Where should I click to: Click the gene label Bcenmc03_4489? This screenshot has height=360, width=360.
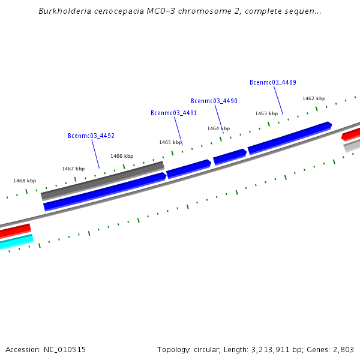click(272, 83)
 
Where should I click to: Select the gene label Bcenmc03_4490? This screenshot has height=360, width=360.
click(214, 101)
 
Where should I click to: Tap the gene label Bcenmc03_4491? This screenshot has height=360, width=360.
click(173, 113)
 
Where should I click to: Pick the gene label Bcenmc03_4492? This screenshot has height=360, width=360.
click(91, 136)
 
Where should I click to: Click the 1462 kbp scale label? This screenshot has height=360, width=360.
click(313, 98)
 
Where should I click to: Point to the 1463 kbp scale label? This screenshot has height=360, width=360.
click(266, 113)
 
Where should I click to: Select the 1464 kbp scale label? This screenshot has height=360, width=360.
click(218, 128)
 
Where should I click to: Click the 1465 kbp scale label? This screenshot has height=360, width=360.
click(170, 142)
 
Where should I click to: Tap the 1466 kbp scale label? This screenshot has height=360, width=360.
click(122, 156)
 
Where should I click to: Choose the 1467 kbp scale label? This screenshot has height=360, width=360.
click(73, 169)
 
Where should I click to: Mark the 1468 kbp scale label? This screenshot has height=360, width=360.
click(25, 181)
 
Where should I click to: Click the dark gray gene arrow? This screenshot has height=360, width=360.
click(102, 180)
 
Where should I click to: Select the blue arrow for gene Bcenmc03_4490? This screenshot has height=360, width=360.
click(230, 157)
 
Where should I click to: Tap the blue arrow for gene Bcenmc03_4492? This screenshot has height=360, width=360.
click(104, 191)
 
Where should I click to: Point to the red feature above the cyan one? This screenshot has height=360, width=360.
click(15, 230)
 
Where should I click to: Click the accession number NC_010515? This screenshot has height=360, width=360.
click(64, 349)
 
